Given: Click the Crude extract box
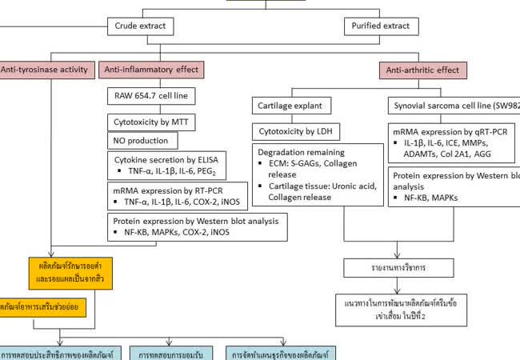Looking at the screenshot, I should click(140, 27).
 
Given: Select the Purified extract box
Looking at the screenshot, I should click(381, 27).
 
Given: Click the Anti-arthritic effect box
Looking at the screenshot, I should click(422, 70).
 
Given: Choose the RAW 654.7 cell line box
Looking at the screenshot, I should click(150, 98).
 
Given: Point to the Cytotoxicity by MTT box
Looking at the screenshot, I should click(150, 122).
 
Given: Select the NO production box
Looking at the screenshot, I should click(140, 141).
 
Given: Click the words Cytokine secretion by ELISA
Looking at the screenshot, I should click(166, 159).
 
